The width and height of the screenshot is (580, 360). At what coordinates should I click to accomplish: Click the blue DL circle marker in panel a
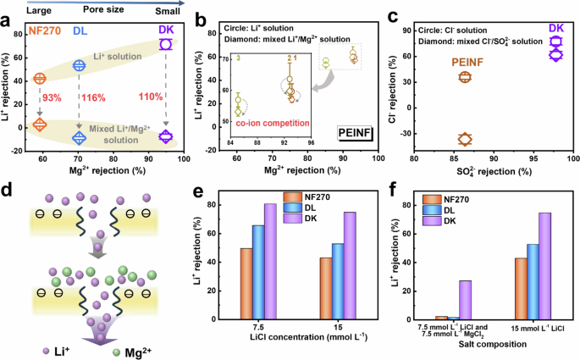[x=80, y=65]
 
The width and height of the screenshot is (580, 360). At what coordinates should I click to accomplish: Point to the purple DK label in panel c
[x=556, y=29]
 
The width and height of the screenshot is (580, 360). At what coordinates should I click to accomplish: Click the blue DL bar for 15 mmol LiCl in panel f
[x=533, y=280]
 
